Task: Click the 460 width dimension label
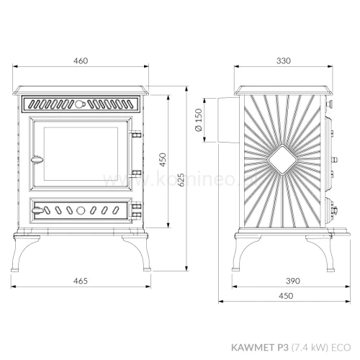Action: [x=81, y=61]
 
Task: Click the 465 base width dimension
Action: [x=81, y=280]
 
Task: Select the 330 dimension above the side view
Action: [x=283, y=61]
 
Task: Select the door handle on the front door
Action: [x=34, y=158]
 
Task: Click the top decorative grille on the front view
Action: [x=80, y=104]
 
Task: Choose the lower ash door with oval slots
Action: [x=79, y=211]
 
